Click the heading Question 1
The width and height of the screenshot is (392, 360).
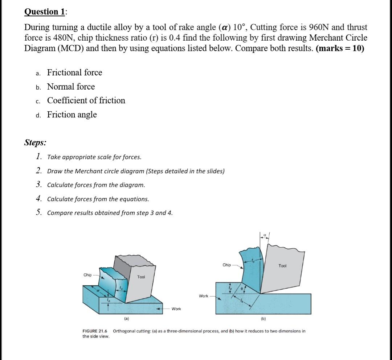45,12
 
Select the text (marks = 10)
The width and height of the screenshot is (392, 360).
340,49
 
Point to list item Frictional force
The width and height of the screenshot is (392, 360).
74,73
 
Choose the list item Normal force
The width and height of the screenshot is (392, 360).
71,87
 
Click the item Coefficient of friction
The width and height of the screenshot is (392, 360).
86,100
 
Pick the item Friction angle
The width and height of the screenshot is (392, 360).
72,115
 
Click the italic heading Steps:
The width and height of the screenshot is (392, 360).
35,142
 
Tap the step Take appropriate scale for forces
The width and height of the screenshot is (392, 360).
94,157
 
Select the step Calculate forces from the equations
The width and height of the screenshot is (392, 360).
98,199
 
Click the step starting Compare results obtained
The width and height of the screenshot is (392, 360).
110,213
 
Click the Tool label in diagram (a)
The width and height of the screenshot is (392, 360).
141,277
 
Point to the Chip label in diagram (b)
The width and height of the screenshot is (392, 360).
226,265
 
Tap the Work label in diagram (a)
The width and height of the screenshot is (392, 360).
176,309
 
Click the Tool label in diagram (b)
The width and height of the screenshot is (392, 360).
282,266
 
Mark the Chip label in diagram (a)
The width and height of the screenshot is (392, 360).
87,275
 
